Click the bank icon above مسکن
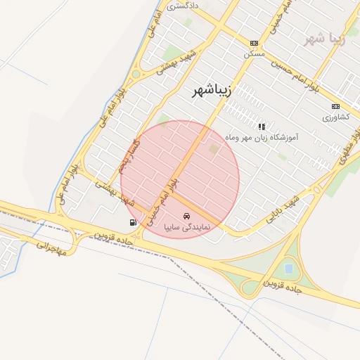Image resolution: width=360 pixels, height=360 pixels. pos(254,43)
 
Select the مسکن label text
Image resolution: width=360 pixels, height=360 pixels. pos(254,53)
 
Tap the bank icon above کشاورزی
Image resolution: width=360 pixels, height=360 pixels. pos(335,106)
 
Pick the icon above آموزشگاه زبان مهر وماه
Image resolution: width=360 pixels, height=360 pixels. pos(262,127)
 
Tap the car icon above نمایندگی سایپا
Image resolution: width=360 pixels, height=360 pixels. pos(186,216)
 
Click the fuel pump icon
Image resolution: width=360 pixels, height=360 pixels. pos(133,222)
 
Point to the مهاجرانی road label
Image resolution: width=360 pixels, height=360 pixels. pos(51,248)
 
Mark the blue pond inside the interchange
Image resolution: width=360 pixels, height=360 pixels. pos(289,268)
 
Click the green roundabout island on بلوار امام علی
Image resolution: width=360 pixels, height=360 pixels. pos(136,74)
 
